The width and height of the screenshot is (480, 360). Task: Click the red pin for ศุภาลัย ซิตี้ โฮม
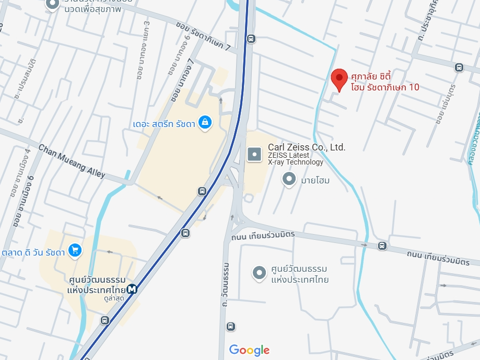339,80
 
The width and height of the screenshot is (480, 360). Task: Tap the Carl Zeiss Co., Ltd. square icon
254,154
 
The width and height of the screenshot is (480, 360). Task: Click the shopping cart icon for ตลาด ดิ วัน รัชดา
75,251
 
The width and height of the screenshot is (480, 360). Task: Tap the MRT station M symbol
132,288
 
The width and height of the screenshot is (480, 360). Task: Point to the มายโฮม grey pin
289,180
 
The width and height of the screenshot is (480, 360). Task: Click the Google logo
249,350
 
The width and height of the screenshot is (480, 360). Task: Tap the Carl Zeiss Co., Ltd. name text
307,147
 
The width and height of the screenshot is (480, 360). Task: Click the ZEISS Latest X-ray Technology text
296,158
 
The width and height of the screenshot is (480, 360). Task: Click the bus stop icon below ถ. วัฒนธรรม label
231,327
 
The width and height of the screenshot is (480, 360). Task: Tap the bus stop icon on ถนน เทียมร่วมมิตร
382,246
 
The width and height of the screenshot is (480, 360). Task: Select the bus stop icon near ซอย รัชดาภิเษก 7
251,38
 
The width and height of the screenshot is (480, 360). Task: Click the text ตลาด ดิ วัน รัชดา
33,252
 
